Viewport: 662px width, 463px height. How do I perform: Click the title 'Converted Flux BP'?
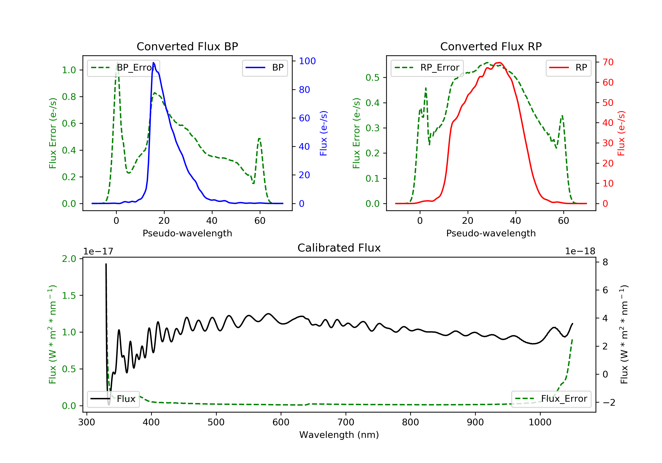tap(187, 46)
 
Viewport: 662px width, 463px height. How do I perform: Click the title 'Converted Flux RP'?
tap(491, 46)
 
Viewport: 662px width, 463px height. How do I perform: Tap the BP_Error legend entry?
tap(123, 68)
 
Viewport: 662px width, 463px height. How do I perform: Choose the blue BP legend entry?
tap(265, 68)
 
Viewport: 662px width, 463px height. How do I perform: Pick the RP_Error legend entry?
tap(427, 68)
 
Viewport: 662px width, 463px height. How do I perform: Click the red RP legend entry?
tap(568, 68)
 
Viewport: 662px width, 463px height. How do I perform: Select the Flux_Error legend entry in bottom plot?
tap(551, 399)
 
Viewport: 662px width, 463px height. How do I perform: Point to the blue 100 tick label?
tap(307, 61)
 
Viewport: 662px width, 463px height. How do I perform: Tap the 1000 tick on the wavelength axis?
tap(540, 422)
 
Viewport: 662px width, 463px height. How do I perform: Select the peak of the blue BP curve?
tap(153, 63)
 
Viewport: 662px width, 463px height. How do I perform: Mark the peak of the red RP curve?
tap(499, 63)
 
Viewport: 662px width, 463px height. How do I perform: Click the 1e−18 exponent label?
tap(580, 251)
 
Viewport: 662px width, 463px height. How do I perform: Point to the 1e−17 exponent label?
tap(98, 251)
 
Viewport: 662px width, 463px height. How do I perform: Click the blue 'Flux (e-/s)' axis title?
tap(323, 133)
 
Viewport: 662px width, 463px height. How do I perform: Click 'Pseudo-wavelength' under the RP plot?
tap(491, 233)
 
